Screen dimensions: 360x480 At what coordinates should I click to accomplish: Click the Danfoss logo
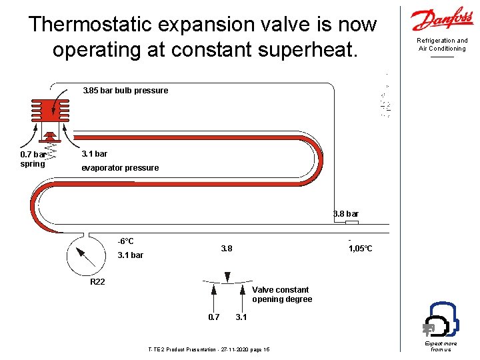tap(442, 20)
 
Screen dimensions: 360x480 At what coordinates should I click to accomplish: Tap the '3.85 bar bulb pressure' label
tap(125, 91)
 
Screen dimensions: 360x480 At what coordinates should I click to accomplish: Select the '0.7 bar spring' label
tap(33, 159)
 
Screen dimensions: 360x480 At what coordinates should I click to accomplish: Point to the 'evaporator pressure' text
tap(120, 168)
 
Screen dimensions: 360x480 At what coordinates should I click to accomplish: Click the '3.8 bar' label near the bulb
tap(346, 214)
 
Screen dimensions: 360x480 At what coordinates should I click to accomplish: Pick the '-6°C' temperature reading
tap(125, 241)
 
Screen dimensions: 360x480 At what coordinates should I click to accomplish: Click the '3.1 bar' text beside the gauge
tap(130, 255)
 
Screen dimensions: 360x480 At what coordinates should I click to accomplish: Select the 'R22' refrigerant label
tap(98, 282)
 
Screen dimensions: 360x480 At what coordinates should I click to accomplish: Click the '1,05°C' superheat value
tap(361, 249)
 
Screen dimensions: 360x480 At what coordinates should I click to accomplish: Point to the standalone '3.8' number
tap(227, 249)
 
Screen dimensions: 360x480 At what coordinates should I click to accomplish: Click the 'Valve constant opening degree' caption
tap(282, 295)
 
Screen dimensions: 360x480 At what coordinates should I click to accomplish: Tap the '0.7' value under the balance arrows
tap(213, 317)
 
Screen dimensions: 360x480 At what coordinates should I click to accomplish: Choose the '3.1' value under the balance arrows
tap(241, 317)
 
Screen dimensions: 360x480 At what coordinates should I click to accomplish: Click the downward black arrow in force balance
tap(227, 276)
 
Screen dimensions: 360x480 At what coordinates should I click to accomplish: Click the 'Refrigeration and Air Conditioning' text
tap(442, 45)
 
